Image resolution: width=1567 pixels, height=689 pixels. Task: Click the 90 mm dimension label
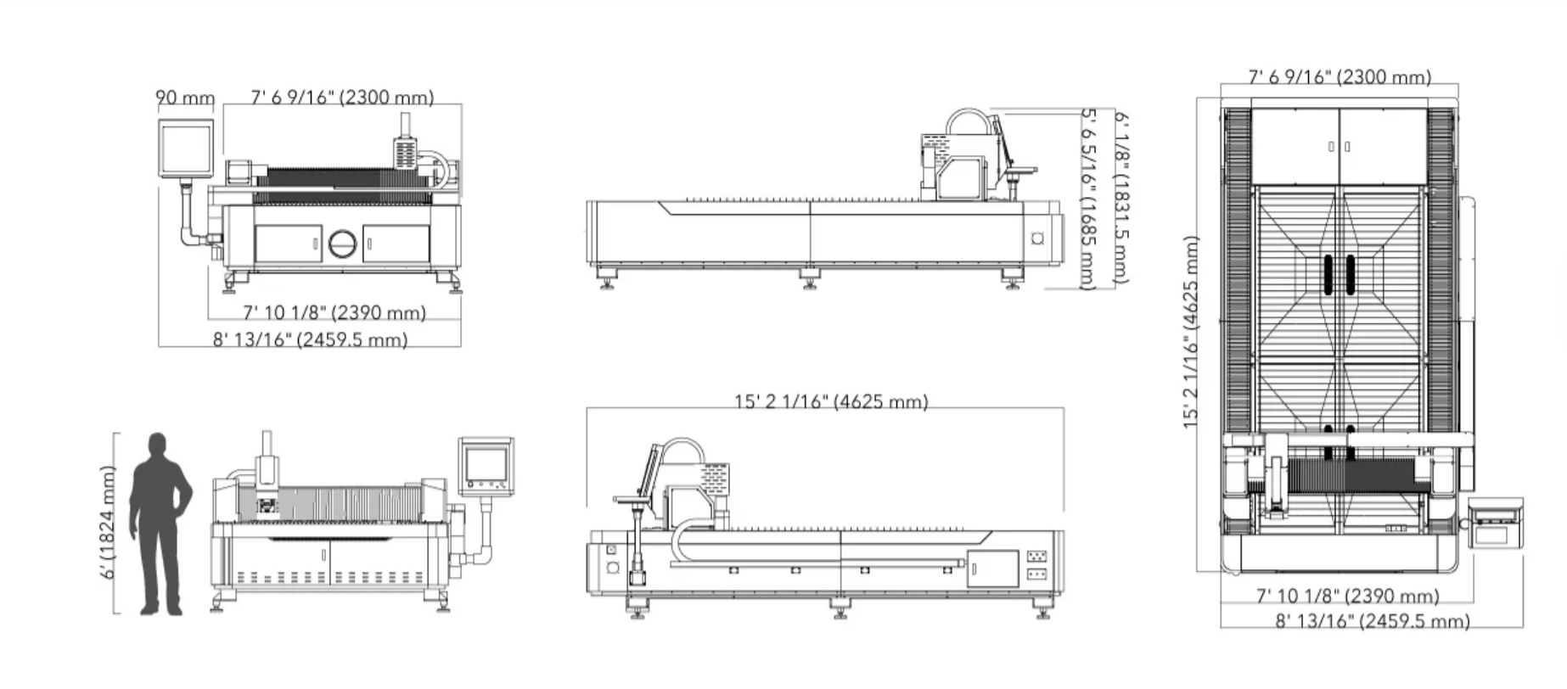[185, 98]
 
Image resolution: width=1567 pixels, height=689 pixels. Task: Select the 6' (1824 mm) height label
[108, 522]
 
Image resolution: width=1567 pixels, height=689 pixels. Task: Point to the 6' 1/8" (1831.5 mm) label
[1120, 197]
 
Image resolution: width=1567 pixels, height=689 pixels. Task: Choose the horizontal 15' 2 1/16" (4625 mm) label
[831, 401]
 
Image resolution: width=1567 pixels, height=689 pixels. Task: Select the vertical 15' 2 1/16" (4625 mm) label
[1191, 332]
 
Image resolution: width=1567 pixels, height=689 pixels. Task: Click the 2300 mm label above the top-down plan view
[1340, 77]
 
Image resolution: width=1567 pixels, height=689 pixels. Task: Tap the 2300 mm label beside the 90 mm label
[342, 98]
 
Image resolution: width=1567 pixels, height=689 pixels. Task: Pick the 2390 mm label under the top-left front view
[334, 313]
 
